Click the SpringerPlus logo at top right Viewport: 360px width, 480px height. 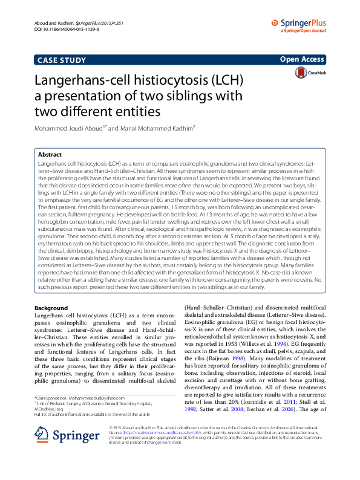click(x=306, y=24)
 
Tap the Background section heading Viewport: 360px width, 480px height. click(x=51, y=308)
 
